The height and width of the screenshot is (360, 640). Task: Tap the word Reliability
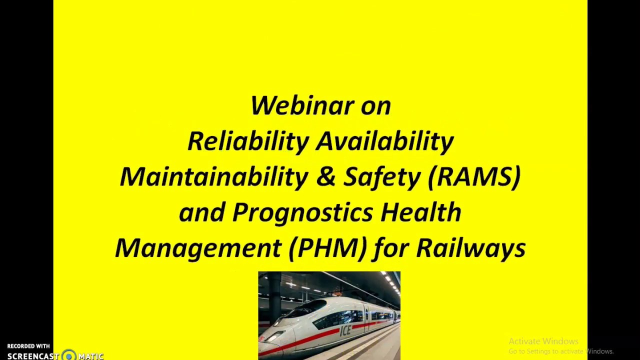pyautogui.click(x=248, y=141)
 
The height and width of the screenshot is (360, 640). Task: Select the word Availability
pyautogui.click(x=385, y=141)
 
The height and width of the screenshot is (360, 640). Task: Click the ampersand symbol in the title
pyautogui.click(x=325, y=177)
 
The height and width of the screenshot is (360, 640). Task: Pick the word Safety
pyautogui.click(x=382, y=177)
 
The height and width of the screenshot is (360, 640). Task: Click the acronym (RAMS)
pyautogui.click(x=474, y=176)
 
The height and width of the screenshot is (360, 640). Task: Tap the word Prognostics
pyautogui.click(x=302, y=212)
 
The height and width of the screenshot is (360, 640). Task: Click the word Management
pyautogui.click(x=198, y=247)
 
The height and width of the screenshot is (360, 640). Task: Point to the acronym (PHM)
pyautogui.click(x=328, y=247)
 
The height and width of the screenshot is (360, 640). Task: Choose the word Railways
pyautogui.click(x=470, y=248)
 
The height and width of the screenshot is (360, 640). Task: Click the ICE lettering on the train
pyautogui.click(x=345, y=330)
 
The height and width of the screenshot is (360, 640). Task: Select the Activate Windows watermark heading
pyautogui.click(x=543, y=341)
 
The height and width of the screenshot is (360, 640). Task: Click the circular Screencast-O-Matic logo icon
pyautogui.click(x=69, y=355)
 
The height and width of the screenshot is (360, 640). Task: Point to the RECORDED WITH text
pyautogui.click(x=28, y=346)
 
